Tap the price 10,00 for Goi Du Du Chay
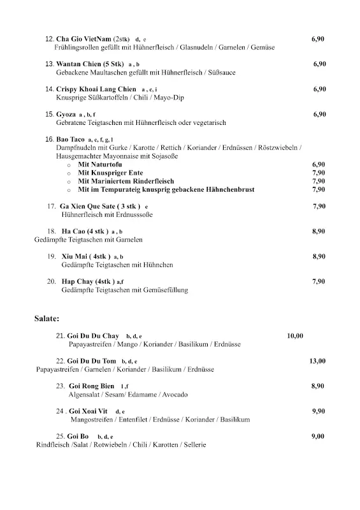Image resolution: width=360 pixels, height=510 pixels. tap(295, 335)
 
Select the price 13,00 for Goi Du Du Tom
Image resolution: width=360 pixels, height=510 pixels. tap(317, 361)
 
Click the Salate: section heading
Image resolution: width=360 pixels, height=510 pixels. tap(47, 317)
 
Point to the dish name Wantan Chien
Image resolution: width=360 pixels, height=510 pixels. tap(80, 64)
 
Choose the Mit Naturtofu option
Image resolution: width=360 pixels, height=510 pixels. tap(100, 164)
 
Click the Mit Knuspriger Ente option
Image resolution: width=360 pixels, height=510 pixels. tap(110, 173)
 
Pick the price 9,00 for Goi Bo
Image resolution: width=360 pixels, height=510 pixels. tap(318, 436)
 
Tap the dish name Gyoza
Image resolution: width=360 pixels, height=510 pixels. tap(66, 114)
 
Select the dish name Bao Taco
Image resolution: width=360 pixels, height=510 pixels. tap(71, 139)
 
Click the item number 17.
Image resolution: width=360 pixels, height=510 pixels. tap(52, 207)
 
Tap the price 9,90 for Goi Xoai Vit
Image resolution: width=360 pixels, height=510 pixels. tap(318, 411)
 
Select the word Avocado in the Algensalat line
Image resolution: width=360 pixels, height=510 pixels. tap(175, 395)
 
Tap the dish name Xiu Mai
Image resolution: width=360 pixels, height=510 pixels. tap(75, 256)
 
